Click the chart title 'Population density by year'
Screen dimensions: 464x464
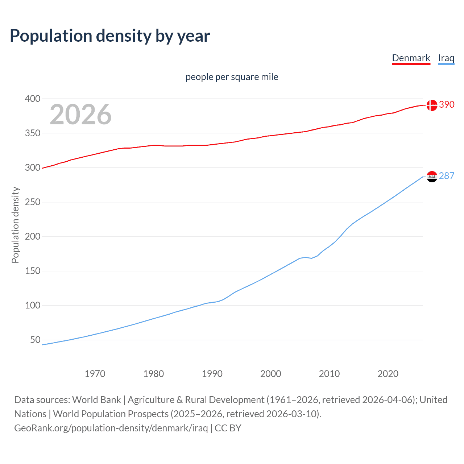click(110, 36)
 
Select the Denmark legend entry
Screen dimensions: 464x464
click(411, 58)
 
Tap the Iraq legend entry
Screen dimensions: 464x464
click(446, 58)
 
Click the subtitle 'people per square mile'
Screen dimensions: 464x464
click(232, 77)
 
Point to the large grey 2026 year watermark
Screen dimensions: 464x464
click(80, 115)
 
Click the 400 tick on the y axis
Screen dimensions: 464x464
click(33, 99)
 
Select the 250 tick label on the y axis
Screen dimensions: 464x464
click(33, 202)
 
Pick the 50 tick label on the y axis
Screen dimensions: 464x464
click(35, 340)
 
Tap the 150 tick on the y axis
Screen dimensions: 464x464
click(33, 271)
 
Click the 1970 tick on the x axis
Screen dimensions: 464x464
click(95, 374)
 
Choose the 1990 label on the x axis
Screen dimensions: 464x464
click(212, 374)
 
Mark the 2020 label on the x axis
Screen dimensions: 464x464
click(388, 374)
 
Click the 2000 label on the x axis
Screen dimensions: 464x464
click(271, 374)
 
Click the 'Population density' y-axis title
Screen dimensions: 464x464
click(15, 225)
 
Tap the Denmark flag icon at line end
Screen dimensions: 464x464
click(432, 105)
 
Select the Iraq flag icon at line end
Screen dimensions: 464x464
click(432, 177)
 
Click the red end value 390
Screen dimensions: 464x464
click(447, 105)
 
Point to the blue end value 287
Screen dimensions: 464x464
click(447, 176)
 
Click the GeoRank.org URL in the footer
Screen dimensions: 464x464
click(111, 428)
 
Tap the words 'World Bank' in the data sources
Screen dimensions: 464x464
click(96, 400)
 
